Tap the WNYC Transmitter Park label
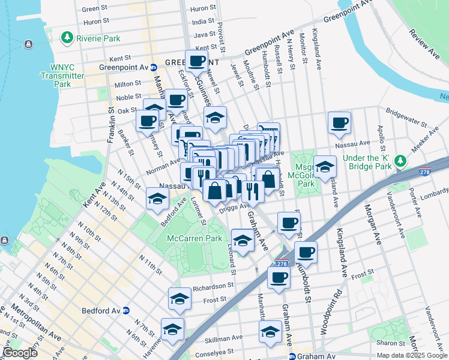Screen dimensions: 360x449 [62, 76]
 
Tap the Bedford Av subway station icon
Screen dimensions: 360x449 [126, 311]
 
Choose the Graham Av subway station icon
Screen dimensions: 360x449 [292, 356]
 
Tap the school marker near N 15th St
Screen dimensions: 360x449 [157, 198]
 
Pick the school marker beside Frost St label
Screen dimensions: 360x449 [179, 299]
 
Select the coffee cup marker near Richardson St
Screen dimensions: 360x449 [279, 278]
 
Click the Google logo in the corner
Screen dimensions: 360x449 [20, 353]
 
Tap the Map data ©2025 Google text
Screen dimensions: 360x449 [412, 355]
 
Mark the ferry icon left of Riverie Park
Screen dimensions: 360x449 [28, 44]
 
